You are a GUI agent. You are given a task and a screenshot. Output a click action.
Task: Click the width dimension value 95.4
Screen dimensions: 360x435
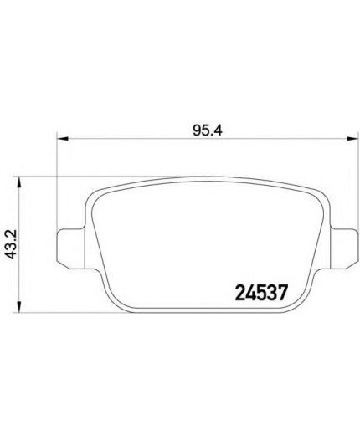click(x=207, y=130)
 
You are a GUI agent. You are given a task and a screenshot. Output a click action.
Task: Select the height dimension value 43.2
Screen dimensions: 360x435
click(x=12, y=244)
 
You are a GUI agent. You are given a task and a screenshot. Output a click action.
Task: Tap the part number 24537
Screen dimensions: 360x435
click(x=261, y=293)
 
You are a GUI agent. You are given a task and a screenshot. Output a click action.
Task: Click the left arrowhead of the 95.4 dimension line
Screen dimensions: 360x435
click(x=63, y=138)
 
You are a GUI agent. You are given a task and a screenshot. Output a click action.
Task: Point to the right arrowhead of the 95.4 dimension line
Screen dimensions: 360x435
click(x=352, y=138)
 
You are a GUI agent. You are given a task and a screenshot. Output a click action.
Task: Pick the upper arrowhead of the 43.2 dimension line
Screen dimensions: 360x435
click(x=19, y=182)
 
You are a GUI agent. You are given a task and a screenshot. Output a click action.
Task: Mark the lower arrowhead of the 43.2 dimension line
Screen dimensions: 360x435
click(x=19, y=306)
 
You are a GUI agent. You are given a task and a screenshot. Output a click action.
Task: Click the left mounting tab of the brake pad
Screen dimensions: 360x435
click(x=70, y=248)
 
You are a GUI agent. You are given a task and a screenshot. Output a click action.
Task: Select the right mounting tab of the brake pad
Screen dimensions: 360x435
click(x=344, y=248)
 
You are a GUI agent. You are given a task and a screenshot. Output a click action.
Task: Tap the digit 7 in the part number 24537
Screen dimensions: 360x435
click(x=282, y=293)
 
